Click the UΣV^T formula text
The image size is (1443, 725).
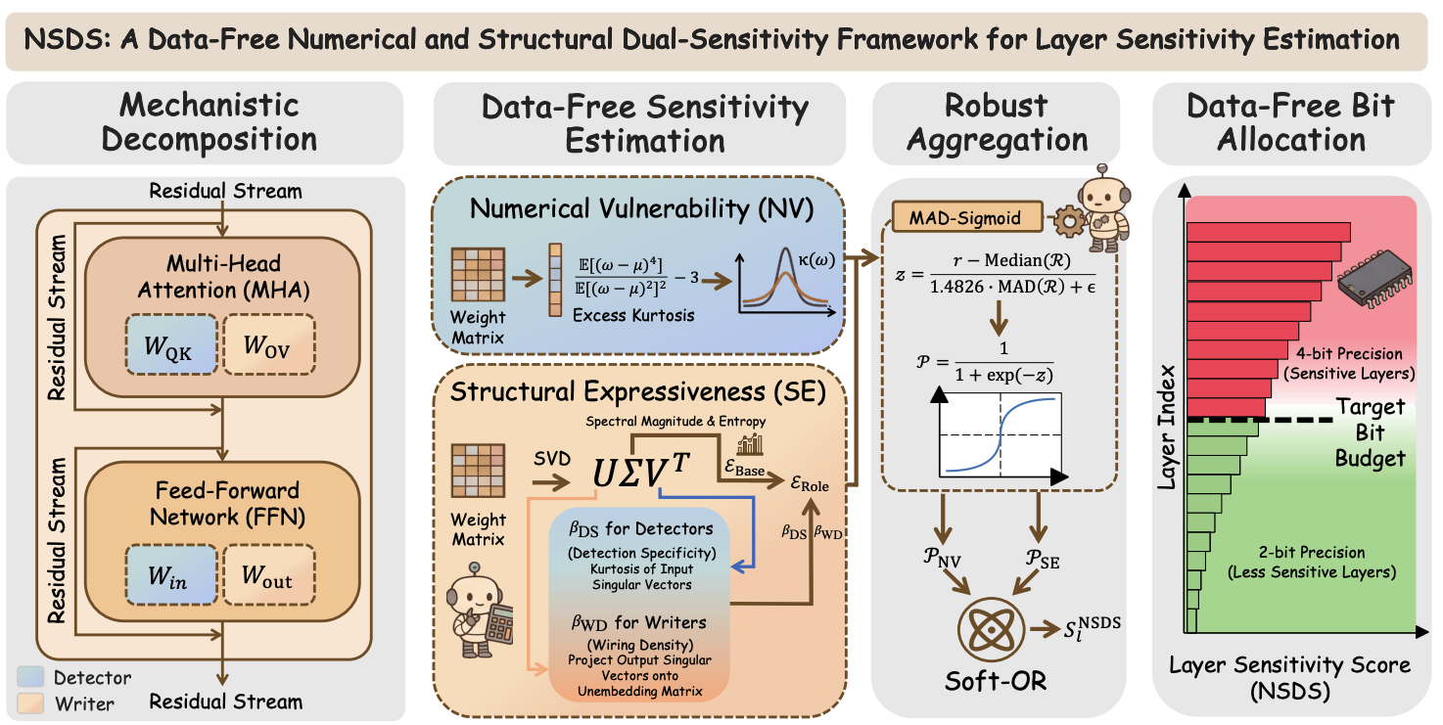[x=642, y=473]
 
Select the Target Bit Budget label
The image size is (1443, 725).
[x=1371, y=431]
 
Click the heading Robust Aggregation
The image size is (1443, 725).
[x=997, y=122]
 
